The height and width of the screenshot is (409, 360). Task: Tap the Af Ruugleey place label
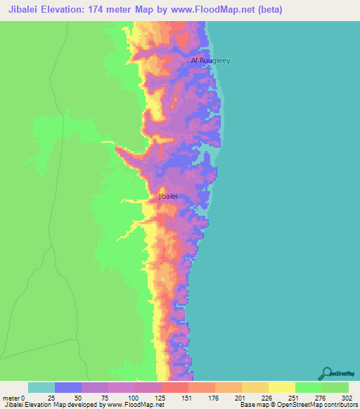point(210,60)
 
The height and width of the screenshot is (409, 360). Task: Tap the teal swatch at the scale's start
point(41,387)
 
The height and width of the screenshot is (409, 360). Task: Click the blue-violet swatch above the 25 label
point(68,387)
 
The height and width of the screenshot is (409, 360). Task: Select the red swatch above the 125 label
point(175,387)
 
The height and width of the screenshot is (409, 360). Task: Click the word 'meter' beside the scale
point(11,397)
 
